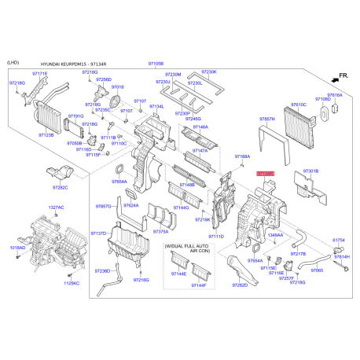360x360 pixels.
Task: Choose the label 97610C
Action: point(298,104)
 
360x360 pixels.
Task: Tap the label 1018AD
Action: point(17,248)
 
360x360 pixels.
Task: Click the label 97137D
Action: point(98,233)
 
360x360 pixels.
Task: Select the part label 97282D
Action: point(239,285)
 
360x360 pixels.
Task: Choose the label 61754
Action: point(339,240)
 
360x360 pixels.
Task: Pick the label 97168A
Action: point(243,156)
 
